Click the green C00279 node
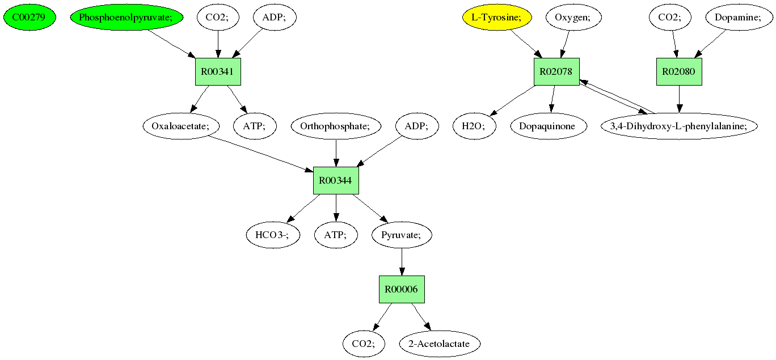[x=30, y=18]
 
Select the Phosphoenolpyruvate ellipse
[x=126, y=18]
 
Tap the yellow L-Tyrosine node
[x=497, y=18]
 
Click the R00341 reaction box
[x=218, y=71]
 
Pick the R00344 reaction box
[x=336, y=180]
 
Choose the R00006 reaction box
[x=402, y=289]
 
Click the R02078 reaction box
[x=556, y=71]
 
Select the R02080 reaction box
[x=680, y=71]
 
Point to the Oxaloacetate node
[x=181, y=126]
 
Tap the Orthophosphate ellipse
[x=336, y=126]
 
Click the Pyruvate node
[x=402, y=235]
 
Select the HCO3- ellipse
[x=273, y=235]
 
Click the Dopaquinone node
[x=549, y=126]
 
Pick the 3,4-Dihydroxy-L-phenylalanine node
[x=680, y=126]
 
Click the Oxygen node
[x=573, y=18]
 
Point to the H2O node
[x=474, y=126]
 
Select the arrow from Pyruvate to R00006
[x=402, y=262]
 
